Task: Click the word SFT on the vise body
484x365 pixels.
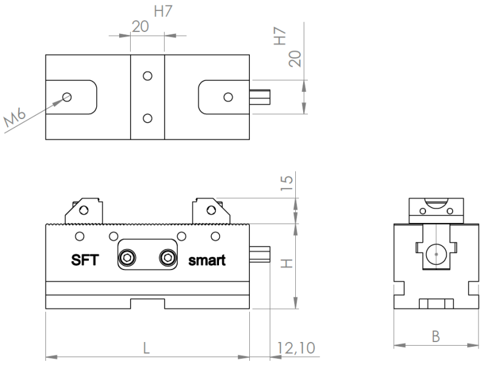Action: point(85,260)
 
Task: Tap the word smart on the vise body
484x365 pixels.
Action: point(207,261)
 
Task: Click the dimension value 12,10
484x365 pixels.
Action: point(292,348)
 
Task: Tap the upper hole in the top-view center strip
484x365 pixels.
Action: point(147,77)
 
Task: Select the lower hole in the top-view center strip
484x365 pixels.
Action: point(147,117)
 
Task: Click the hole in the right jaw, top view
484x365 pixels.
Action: point(227,97)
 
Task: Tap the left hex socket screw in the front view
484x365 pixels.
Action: point(128,259)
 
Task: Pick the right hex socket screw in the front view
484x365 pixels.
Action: point(166,259)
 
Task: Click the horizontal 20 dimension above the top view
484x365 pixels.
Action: point(140,27)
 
